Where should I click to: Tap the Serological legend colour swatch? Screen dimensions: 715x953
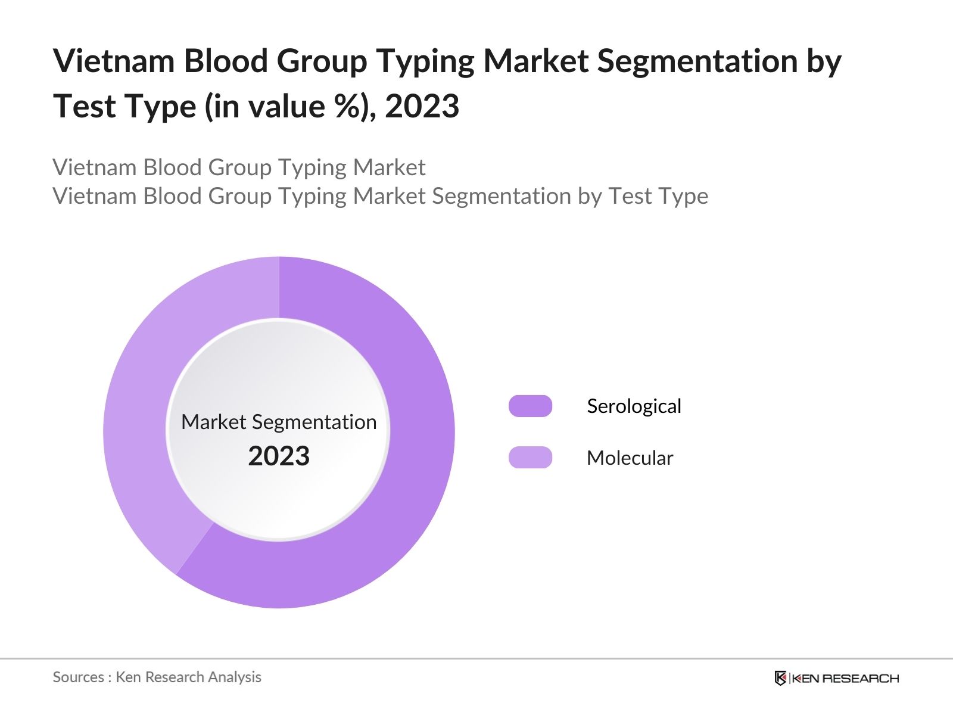tap(530, 406)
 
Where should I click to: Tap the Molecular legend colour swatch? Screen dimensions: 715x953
tap(530, 458)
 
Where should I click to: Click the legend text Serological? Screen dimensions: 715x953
tap(634, 406)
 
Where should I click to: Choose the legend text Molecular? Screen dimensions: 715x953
tap(630, 458)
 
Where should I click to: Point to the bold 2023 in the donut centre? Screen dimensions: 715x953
tap(279, 456)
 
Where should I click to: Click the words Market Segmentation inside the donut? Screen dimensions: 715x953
tap(279, 422)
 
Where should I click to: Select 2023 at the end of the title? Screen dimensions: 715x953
tap(422, 107)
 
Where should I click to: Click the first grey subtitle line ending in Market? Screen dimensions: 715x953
tap(239, 167)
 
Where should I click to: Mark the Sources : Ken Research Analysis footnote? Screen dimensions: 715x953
tap(157, 677)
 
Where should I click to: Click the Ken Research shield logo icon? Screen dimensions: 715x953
tap(780, 678)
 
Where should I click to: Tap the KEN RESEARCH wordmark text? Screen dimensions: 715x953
tap(845, 678)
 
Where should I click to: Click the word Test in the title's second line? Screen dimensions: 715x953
tap(83, 107)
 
